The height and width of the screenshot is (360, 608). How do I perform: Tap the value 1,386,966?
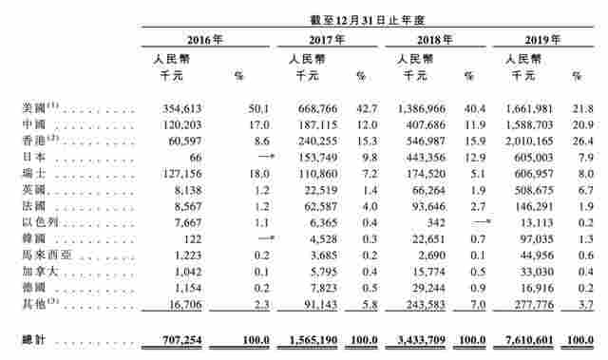tap(419, 108)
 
